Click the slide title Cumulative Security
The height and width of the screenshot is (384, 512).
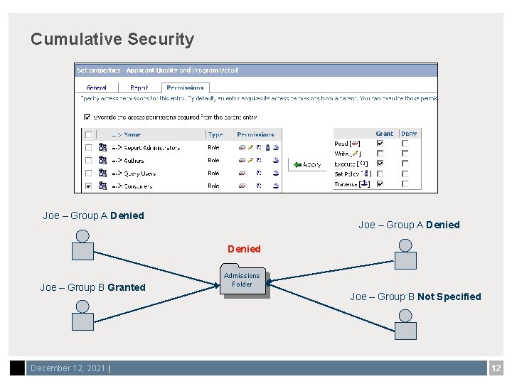(x=112, y=39)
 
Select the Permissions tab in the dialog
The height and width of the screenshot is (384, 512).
(x=185, y=88)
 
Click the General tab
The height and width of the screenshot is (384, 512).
(x=97, y=88)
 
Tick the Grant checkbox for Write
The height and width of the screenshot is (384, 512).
(x=380, y=153)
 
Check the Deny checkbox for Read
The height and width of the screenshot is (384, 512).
(x=405, y=143)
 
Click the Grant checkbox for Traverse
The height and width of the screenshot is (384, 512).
(x=380, y=183)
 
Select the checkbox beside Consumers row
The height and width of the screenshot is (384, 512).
(x=88, y=186)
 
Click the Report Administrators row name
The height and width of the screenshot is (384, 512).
(x=151, y=148)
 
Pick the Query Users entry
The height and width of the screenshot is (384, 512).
(x=139, y=174)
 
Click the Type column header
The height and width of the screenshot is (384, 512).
(x=215, y=134)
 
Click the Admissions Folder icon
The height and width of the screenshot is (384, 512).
(x=242, y=281)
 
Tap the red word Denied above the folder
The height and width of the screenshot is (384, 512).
(x=244, y=249)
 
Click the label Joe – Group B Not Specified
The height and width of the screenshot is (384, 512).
(x=415, y=297)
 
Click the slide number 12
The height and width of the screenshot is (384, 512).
(x=496, y=368)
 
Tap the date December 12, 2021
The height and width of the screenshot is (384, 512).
(x=68, y=368)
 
